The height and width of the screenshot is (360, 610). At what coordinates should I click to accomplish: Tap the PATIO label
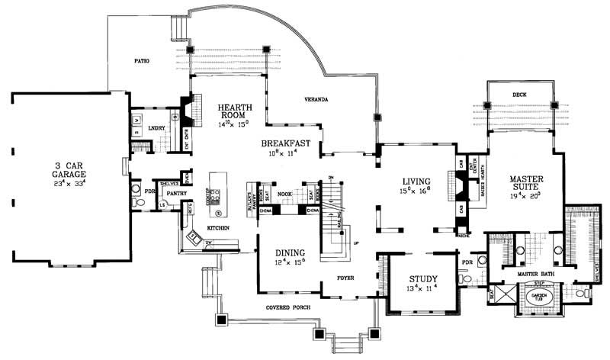point(140,59)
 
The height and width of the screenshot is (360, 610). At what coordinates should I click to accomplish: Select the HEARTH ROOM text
point(230,111)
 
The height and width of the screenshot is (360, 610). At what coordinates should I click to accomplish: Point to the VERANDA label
point(316,100)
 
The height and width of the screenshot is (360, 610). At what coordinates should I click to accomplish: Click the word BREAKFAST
point(285,143)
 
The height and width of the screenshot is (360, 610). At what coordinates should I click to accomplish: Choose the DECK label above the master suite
point(519,95)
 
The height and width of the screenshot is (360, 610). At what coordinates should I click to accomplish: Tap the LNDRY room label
point(159,129)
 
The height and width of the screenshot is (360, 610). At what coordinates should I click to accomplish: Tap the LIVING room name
point(419,181)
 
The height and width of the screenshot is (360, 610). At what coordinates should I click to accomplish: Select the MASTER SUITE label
point(525,184)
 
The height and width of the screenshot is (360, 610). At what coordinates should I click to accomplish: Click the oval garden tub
point(541,297)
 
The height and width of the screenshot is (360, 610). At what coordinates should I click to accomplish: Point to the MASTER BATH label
point(534,273)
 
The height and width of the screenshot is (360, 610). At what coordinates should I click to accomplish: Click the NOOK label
point(285,194)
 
